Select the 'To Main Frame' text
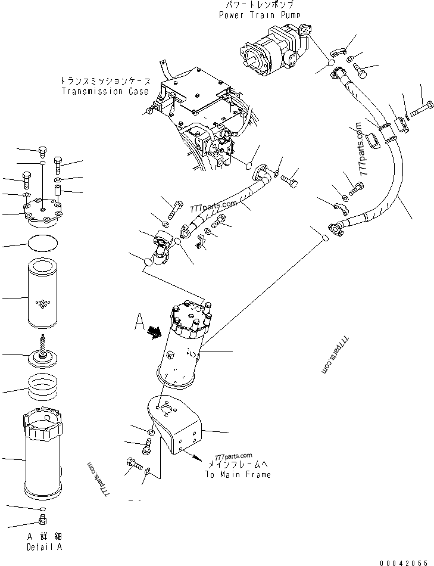pos(238,475)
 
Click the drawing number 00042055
pos(402,561)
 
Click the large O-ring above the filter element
pos(45,244)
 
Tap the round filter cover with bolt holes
pos(43,213)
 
